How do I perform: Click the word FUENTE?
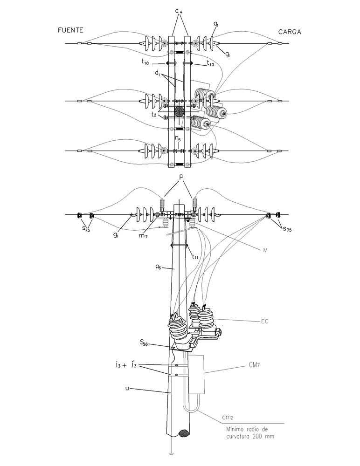point(70,30)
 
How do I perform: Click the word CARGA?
point(290,32)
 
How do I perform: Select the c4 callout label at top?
point(179,11)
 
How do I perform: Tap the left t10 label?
point(145,62)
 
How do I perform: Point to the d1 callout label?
point(158,73)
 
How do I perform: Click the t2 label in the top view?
point(154,115)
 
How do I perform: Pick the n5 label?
point(178,138)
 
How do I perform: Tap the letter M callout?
point(265,250)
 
